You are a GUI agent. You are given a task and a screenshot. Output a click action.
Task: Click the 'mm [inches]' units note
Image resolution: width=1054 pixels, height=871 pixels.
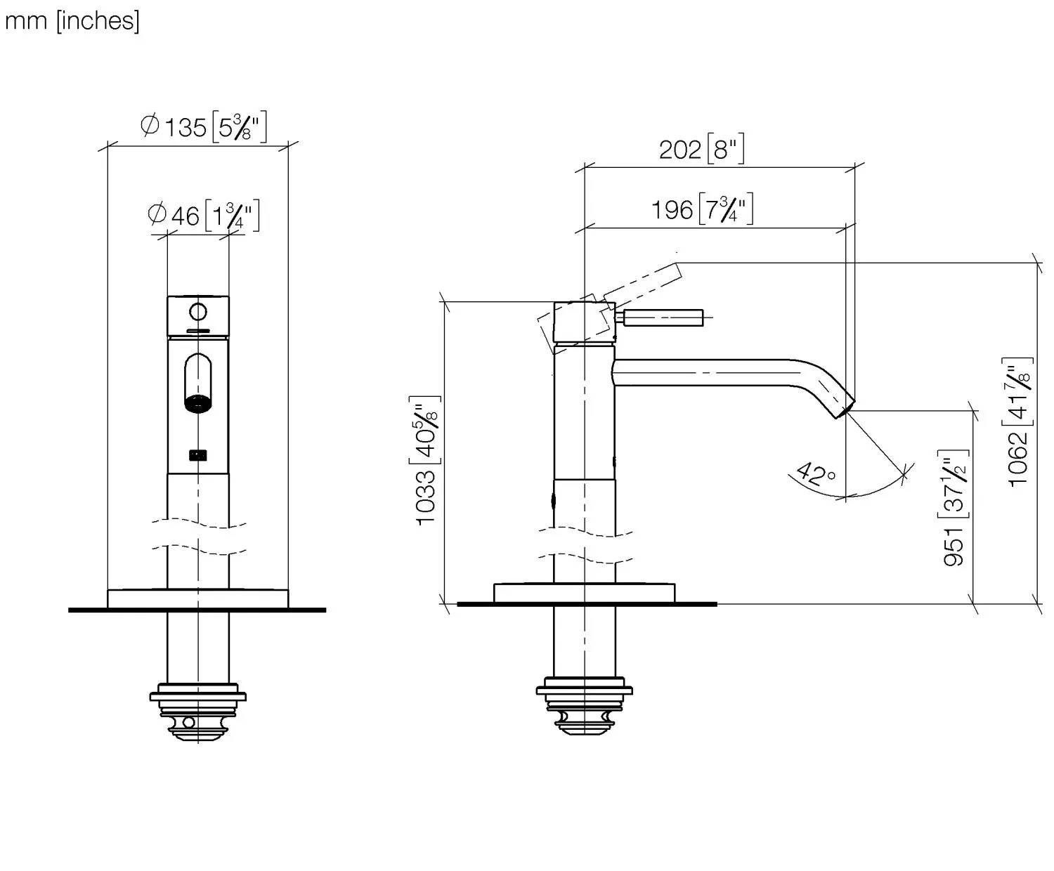72,21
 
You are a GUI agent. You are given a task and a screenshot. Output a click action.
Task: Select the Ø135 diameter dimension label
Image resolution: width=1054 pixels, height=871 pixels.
203,127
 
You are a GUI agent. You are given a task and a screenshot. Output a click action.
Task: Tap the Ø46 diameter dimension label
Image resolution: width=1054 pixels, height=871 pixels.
203,214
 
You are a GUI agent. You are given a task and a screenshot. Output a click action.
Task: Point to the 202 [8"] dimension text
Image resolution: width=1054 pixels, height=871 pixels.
701,150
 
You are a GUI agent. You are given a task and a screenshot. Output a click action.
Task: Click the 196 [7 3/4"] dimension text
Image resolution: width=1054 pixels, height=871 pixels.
701,209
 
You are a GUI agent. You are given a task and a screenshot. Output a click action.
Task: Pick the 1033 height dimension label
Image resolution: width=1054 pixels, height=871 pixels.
427,459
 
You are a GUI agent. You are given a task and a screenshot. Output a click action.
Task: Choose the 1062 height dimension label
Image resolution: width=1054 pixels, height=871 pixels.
1019,424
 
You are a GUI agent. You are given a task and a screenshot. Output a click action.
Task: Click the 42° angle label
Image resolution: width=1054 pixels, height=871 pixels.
816,476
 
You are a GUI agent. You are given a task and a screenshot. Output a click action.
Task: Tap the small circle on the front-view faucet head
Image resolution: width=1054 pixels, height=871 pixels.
198,311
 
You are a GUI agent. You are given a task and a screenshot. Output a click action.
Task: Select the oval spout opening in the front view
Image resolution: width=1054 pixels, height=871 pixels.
198,383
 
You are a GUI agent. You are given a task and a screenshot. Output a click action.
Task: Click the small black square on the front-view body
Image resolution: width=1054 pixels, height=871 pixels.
198,455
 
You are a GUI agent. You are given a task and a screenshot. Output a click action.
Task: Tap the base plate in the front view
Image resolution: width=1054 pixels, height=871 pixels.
198,598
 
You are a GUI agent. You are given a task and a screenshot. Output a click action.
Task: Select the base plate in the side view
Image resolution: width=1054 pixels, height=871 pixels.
585,594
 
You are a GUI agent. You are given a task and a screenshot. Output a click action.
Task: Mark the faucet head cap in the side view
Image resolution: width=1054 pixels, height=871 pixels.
585,322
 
